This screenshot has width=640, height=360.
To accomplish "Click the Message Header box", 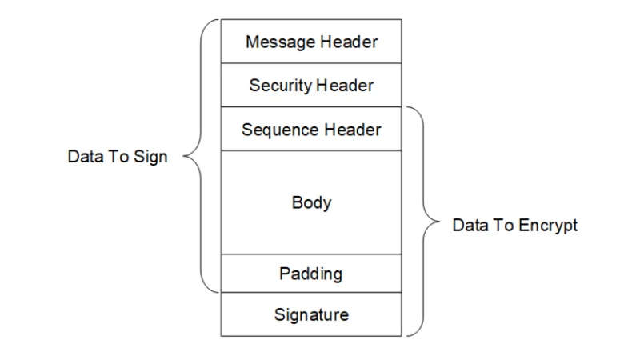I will point(311,41).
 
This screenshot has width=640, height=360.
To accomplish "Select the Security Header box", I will point(311,84).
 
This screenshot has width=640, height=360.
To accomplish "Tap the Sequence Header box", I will point(311,129).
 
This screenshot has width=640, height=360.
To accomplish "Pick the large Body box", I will point(311,202).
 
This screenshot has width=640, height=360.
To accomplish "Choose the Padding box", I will point(311,274).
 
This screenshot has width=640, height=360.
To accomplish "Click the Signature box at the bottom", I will point(311,314).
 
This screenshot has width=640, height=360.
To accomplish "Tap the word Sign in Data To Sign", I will point(152,157).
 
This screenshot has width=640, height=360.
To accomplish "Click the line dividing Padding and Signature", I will point(311,293).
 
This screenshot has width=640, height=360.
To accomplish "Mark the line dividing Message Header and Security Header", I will point(311,62).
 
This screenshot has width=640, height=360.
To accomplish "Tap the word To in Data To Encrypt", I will point(502,226).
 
